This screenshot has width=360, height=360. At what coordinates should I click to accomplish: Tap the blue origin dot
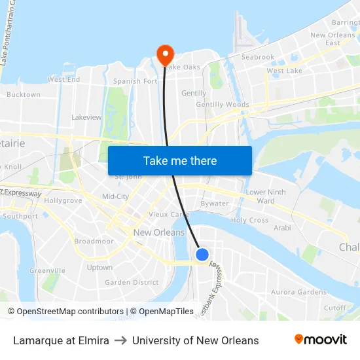[202, 255]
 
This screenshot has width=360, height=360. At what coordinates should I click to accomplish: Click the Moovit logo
[321, 340]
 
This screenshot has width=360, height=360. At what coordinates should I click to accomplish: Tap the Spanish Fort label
[135, 82]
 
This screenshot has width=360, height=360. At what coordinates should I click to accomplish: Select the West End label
[63, 80]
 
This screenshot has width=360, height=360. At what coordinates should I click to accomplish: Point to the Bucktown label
[24, 95]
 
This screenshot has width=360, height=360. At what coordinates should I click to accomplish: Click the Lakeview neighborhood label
[86, 118]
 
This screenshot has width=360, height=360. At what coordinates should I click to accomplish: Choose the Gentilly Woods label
[223, 105]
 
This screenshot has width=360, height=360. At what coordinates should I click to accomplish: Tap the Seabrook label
[258, 58]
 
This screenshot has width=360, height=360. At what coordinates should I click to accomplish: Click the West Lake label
[284, 71]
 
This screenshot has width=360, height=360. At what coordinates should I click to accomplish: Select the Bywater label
[215, 204]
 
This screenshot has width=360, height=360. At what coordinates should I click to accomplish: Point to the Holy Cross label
[249, 221]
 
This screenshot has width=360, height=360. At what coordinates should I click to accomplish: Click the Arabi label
[282, 228]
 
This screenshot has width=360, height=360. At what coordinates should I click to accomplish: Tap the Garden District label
[132, 283]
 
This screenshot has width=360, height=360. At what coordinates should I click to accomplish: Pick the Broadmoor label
[94, 242]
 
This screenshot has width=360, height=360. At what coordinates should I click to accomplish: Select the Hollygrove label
[63, 200]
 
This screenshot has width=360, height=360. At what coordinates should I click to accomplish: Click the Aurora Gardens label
[298, 292]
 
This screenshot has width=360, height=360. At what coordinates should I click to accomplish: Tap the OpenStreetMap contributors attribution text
[65, 312]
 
